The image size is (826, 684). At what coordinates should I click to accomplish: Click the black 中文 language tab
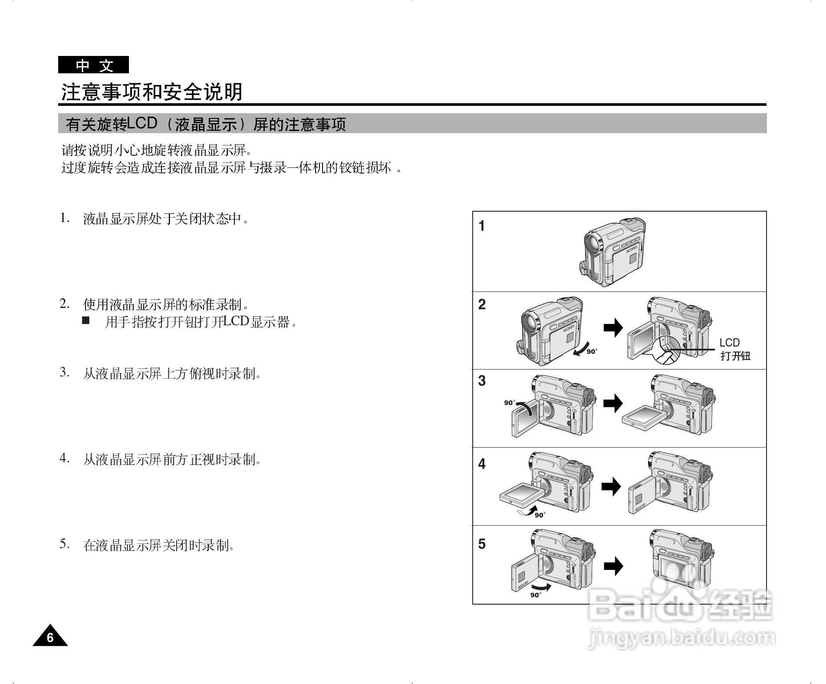point(93,65)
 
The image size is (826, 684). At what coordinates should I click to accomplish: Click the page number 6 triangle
point(50,637)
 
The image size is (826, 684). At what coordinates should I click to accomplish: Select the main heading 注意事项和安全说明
point(151,92)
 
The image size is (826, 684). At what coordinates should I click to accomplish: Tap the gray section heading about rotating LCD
point(206,124)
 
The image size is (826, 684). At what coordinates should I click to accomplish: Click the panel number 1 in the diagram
point(481,226)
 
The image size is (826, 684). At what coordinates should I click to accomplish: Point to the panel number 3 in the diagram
point(482,381)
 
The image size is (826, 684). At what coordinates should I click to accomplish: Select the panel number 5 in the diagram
point(482,544)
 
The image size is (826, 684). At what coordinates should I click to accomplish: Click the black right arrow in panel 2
point(613,328)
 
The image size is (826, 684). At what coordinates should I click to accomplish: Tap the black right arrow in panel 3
point(613,404)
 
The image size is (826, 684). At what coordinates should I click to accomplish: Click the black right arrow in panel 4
point(611,486)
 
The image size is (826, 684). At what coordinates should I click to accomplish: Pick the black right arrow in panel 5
point(613,566)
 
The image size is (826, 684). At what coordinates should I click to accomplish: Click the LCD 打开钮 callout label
point(735,349)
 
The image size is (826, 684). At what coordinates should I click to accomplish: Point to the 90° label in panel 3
point(509,403)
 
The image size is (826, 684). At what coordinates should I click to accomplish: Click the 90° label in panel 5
point(535,595)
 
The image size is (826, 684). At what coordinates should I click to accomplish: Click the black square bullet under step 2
point(85,321)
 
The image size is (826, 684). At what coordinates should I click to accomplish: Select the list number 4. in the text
point(64,458)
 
